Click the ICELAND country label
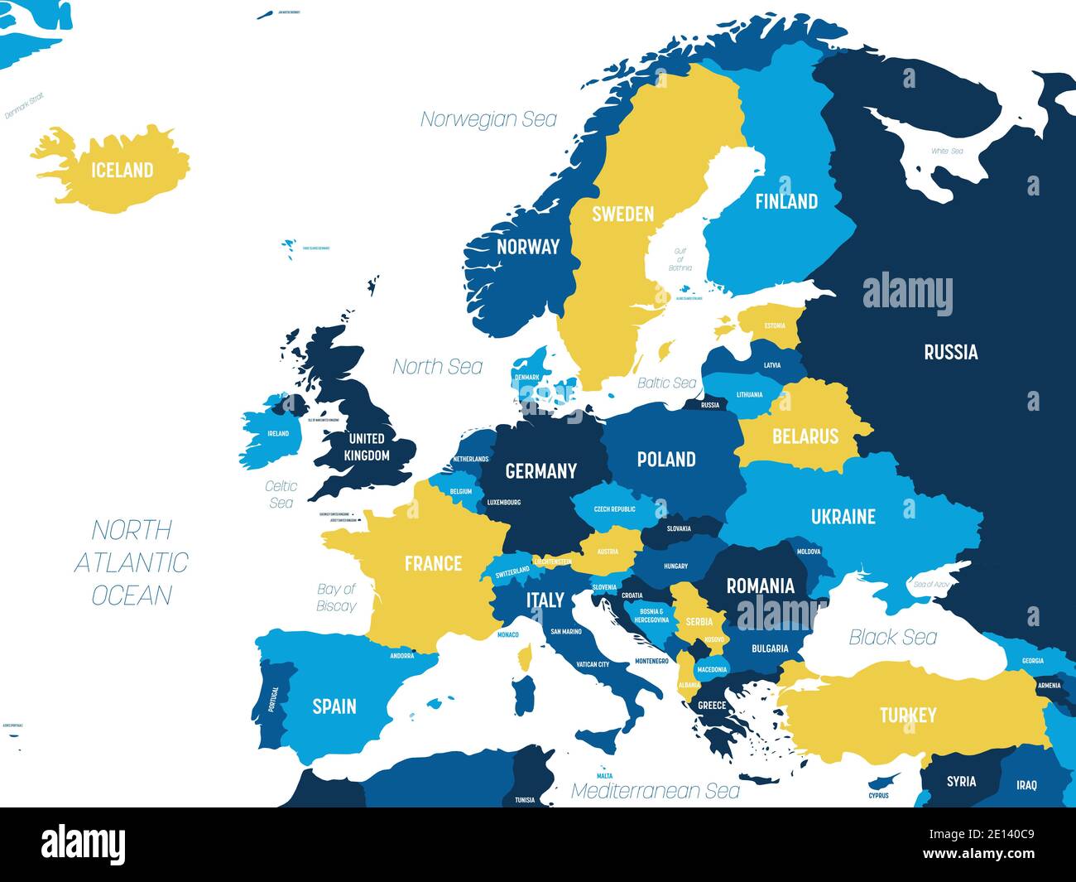122,170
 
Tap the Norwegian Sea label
488,119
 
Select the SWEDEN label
622,214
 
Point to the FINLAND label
785,201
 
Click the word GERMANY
540,471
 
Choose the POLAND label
665,460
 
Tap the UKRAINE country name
843,517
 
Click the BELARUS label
805,436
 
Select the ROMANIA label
760,586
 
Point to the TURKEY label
907,715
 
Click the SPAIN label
334,706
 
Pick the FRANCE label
433,564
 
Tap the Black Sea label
893,637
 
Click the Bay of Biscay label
336,597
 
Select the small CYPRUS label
878,795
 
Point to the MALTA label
604,776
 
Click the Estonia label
775,325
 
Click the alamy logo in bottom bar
83,844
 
